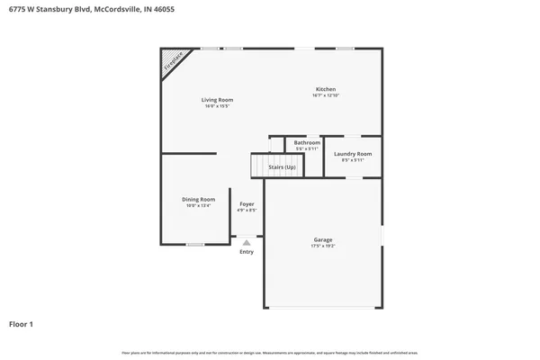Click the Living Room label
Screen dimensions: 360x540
(x=217, y=99)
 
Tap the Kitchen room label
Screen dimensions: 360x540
(x=326, y=89)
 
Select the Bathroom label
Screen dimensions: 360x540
(x=307, y=142)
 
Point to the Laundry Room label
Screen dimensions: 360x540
(x=353, y=153)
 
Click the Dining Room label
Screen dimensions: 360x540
(x=199, y=199)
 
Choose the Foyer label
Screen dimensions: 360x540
(x=247, y=204)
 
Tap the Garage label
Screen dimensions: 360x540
(x=323, y=239)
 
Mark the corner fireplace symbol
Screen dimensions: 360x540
(x=174, y=62)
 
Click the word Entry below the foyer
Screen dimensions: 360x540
(x=247, y=252)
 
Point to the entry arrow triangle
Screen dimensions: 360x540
(x=247, y=241)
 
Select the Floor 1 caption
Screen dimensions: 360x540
(x=22, y=323)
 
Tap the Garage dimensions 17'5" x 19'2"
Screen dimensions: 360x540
(x=323, y=246)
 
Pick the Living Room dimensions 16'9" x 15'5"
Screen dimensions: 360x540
(x=217, y=106)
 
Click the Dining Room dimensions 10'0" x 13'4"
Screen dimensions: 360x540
(x=199, y=206)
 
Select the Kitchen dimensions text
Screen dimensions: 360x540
(x=326, y=95)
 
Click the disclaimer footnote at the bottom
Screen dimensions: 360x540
(x=270, y=351)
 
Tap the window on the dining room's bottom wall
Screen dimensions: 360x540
(x=194, y=244)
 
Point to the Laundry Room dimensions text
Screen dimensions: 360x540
(x=353, y=160)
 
